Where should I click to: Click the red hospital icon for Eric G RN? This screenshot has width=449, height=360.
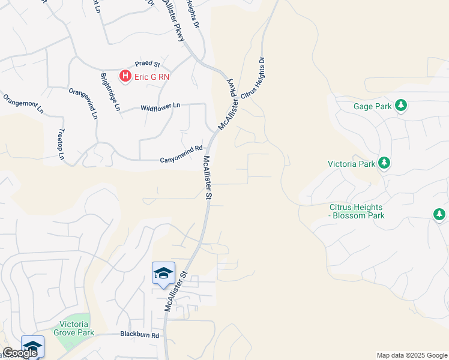point(125,76)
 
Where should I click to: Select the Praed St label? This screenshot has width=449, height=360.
point(147,64)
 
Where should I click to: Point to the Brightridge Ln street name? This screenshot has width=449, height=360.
point(110,92)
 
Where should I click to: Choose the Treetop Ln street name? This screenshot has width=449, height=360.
point(61,145)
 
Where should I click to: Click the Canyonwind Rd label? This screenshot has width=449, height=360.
point(181,160)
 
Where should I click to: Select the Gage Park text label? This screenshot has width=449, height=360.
point(372,107)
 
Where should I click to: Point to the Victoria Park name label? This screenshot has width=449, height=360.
point(352,163)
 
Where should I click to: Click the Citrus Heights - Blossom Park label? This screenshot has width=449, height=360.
point(357,211)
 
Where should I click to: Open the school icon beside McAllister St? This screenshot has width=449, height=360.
point(163,274)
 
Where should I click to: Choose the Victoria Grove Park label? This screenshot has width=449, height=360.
point(74,328)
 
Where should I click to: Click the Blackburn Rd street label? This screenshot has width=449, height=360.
point(139,335)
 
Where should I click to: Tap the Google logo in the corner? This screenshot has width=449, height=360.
point(19,353)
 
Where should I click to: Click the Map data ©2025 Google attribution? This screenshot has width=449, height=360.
point(412,355)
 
